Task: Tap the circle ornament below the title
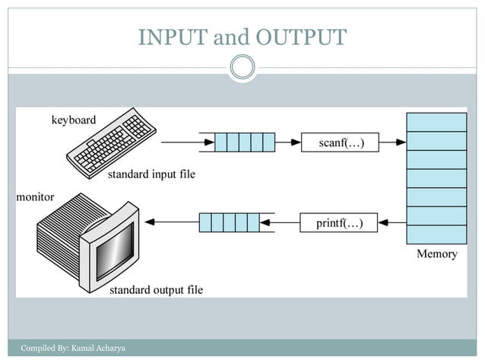click(242, 68)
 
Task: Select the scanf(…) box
click(339, 142)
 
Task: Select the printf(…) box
click(339, 222)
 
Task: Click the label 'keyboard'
click(74, 120)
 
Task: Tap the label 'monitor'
click(36, 197)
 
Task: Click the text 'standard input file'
click(151, 174)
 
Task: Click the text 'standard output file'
click(157, 290)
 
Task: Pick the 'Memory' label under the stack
click(436, 254)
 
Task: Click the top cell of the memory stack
click(436, 122)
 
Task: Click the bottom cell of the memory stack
click(436, 234)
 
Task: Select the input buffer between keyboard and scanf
click(244, 142)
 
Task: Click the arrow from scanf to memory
click(391, 142)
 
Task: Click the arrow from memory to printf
click(391, 222)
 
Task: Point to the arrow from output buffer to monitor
click(171, 222)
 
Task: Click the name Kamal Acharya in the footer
click(98, 348)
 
